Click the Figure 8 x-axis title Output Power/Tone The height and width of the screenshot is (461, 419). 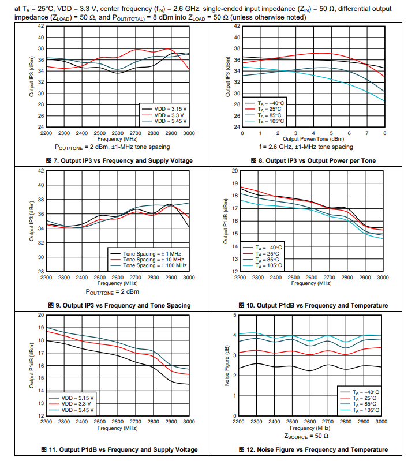(313, 139)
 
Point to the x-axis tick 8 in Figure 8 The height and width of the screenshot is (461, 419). (384, 133)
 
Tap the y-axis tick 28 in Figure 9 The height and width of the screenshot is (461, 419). (41, 271)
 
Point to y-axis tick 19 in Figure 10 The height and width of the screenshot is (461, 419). (235, 183)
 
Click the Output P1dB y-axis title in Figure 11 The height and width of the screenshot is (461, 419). (31, 365)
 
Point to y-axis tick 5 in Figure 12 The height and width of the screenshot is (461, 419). (234, 314)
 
